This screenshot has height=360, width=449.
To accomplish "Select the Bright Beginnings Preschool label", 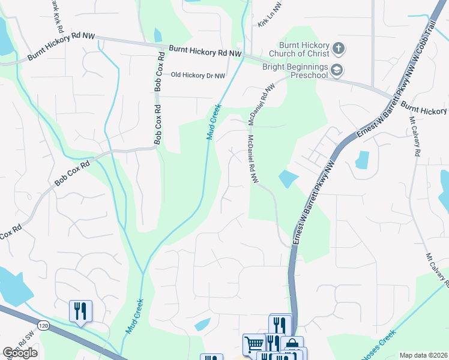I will (x=294, y=71).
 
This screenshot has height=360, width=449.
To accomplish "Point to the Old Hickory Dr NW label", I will (x=198, y=76).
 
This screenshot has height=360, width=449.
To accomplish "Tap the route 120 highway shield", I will (x=41, y=325).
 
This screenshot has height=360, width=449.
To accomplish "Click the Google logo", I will (x=20, y=353).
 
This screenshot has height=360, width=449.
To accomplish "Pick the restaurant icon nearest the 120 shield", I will (x=80, y=311).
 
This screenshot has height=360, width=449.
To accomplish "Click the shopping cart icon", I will (x=254, y=344).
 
